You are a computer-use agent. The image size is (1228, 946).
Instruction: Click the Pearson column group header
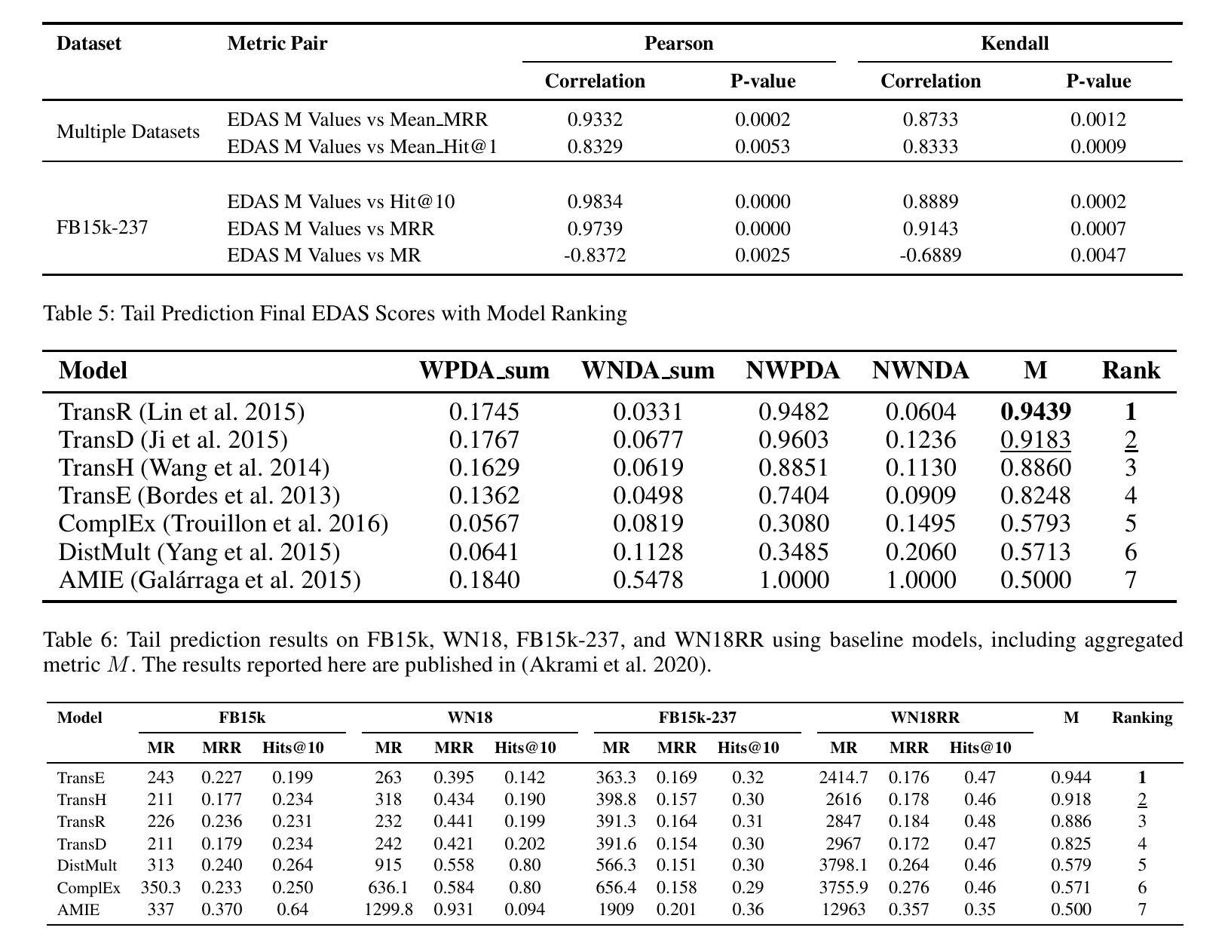coord(678,44)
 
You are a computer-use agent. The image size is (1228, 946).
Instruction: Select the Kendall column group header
coord(1015,44)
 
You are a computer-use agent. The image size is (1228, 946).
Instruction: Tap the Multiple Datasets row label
coord(128,132)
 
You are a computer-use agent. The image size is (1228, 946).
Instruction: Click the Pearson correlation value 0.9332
coord(595,119)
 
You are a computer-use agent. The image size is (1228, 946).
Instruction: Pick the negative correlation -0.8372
coord(595,255)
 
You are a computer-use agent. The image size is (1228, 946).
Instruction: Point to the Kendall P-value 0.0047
coord(1098,255)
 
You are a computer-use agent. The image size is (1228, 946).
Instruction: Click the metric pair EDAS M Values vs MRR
coord(331,228)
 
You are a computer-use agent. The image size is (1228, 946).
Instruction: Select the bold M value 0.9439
coord(1035,412)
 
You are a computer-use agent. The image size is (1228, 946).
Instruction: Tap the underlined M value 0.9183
coord(1035,439)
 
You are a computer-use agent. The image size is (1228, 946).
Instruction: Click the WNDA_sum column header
coord(648,371)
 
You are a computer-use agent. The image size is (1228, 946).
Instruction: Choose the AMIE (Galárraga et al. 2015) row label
coord(210,580)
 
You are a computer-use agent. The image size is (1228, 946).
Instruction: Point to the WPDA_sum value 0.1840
coord(484,580)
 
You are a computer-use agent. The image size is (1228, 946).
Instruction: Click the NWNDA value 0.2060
coord(920,552)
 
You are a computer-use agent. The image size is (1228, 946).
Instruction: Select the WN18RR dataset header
coord(925,717)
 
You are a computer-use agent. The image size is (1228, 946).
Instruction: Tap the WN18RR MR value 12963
coord(843,909)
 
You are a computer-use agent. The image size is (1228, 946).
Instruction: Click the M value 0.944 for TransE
coord(1071,778)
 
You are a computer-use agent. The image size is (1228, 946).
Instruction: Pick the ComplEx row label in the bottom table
coord(89,888)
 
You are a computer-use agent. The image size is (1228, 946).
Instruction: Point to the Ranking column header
coord(1142,718)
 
